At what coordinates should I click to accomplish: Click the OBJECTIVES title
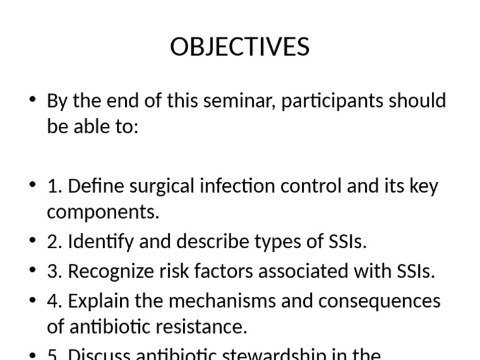(240, 47)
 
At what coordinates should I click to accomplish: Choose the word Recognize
(108, 271)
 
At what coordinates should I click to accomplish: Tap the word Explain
(99, 301)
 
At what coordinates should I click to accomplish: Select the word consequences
(379, 301)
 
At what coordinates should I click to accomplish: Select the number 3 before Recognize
(52, 271)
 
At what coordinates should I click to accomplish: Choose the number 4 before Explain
(52, 301)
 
